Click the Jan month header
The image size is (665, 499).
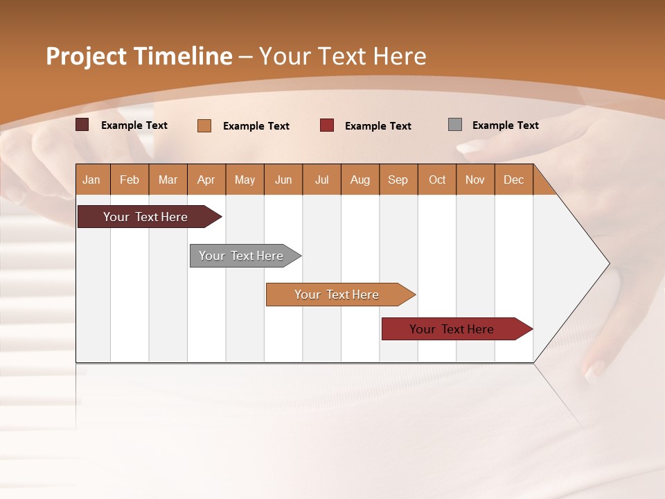[x=92, y=180]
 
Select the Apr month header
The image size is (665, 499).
[x=206, y=180]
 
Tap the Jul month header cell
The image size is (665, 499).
[x=321, y=180]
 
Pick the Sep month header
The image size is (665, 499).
[x=398, y=180]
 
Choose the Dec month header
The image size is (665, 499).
[x=513, y=180]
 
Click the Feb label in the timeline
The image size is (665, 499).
[x=130, y=180]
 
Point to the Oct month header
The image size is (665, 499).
[x=437, y=180]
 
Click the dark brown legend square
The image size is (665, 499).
[x=82, y=125]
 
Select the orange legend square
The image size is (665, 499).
[x=204, y=125]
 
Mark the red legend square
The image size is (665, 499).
[x=327, y=125]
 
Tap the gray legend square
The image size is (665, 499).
[x=455, y=125]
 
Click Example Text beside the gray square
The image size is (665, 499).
[x=505, y=125]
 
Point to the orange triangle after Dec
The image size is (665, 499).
[x=542, y=184]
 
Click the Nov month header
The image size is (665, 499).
[x=475, y=180]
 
